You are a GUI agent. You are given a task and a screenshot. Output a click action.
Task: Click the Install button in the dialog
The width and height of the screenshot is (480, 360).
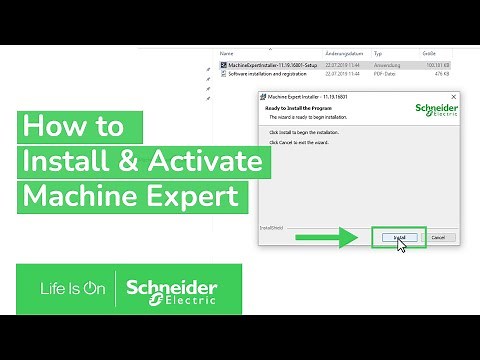[x=399, y=237]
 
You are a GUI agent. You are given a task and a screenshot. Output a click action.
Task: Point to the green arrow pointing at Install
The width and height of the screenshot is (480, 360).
[x=326, y=238]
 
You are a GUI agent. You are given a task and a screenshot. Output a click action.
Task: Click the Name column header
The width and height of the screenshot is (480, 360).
[x=226, y=52]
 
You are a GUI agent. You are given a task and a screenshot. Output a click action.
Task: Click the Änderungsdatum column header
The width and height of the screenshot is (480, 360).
[x=340, y=52]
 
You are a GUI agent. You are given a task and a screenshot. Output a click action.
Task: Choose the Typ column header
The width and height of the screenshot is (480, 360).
[x=379, y=52]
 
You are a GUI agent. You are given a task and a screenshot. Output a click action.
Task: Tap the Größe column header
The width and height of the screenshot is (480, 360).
[x=430, y=52]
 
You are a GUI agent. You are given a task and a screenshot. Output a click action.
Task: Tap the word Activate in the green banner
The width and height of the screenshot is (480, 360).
[x=191, y=161]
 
